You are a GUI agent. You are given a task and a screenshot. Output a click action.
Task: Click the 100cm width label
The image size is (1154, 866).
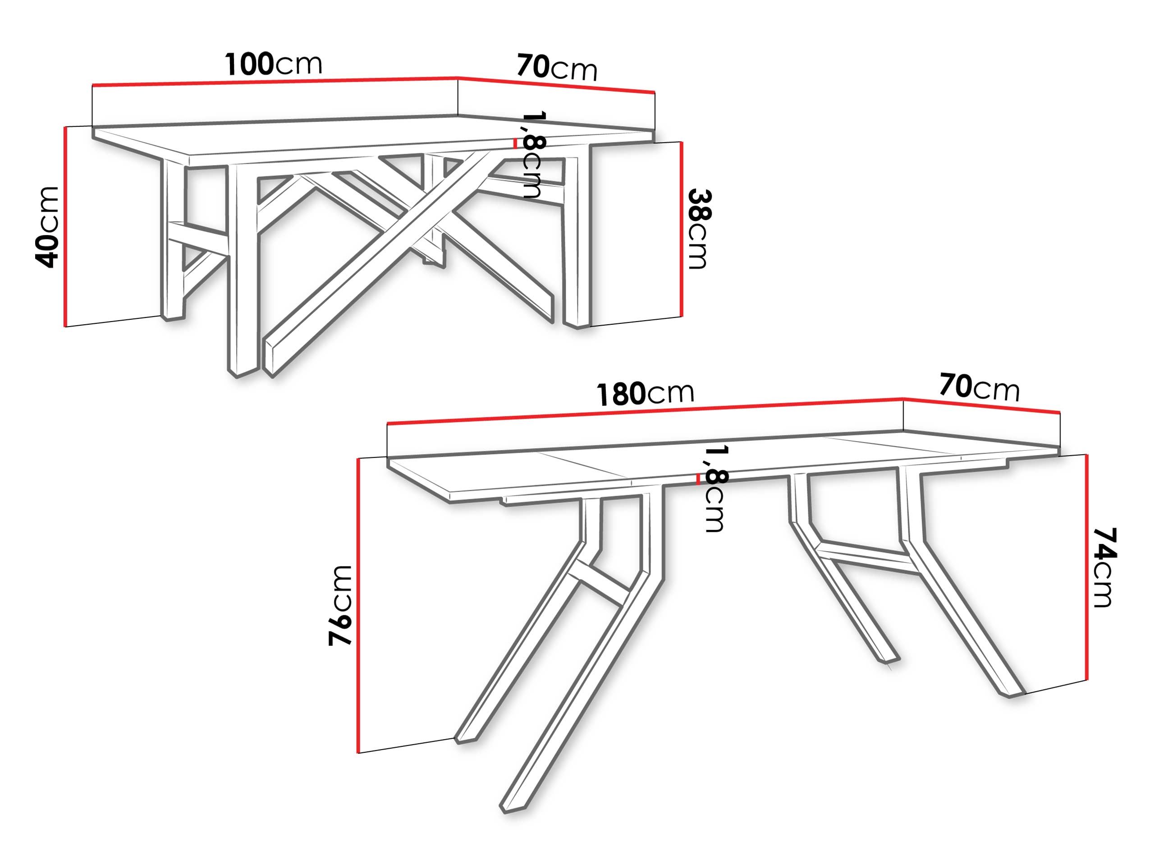[273, 64]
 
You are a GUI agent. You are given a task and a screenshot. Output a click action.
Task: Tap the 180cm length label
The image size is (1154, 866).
[645, 394]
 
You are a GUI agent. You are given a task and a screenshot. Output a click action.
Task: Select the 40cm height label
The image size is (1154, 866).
[47, 227]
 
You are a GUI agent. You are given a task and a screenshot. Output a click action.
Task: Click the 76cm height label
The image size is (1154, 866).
[340, 605]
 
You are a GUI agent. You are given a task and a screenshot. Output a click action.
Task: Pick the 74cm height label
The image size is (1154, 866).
[1104, 567]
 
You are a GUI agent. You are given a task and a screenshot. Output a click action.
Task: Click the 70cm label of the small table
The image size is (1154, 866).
[557, 67]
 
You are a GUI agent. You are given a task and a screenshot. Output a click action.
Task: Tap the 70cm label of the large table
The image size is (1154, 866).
[979, 387]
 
